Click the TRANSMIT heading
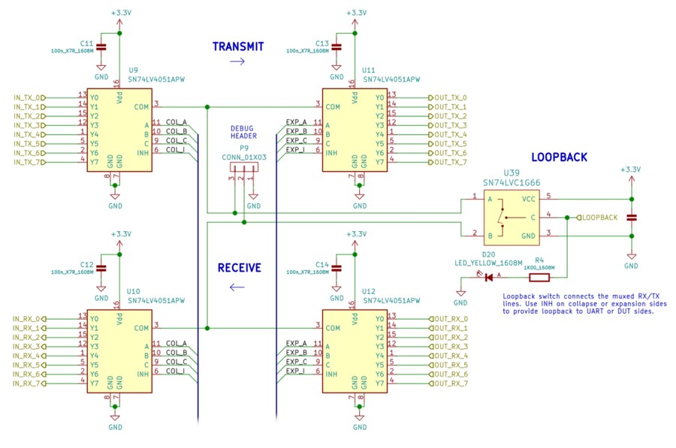pyautogui.click(x=238, y=47)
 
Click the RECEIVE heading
pyautogui.click(x=239, y=267)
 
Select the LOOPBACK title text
pyautogui.click(x=559, y=158)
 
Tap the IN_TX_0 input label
pyautogui.click(x=27, y=98)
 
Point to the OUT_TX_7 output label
pyautogui.click(x=450, y=162)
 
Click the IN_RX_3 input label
pyautogui.click(x=27, y=347)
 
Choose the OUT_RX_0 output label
pyautogui.click(x=450, y=319)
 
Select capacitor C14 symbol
pyautogui.click(x=337, y=268)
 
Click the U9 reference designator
pyautogui.click(x=133, y=69)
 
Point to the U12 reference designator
pyautogui.click(x=369, y=290)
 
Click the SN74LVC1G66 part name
pyautogui.click(x=512, y=182)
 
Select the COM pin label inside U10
pyautogui.click(x=140, y=328)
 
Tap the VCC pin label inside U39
pyautogui.click(x=529, y=199)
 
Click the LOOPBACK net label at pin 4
pyautogui.click(x=599, y=217)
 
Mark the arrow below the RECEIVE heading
pyautogui.click(x=238, y=286)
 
